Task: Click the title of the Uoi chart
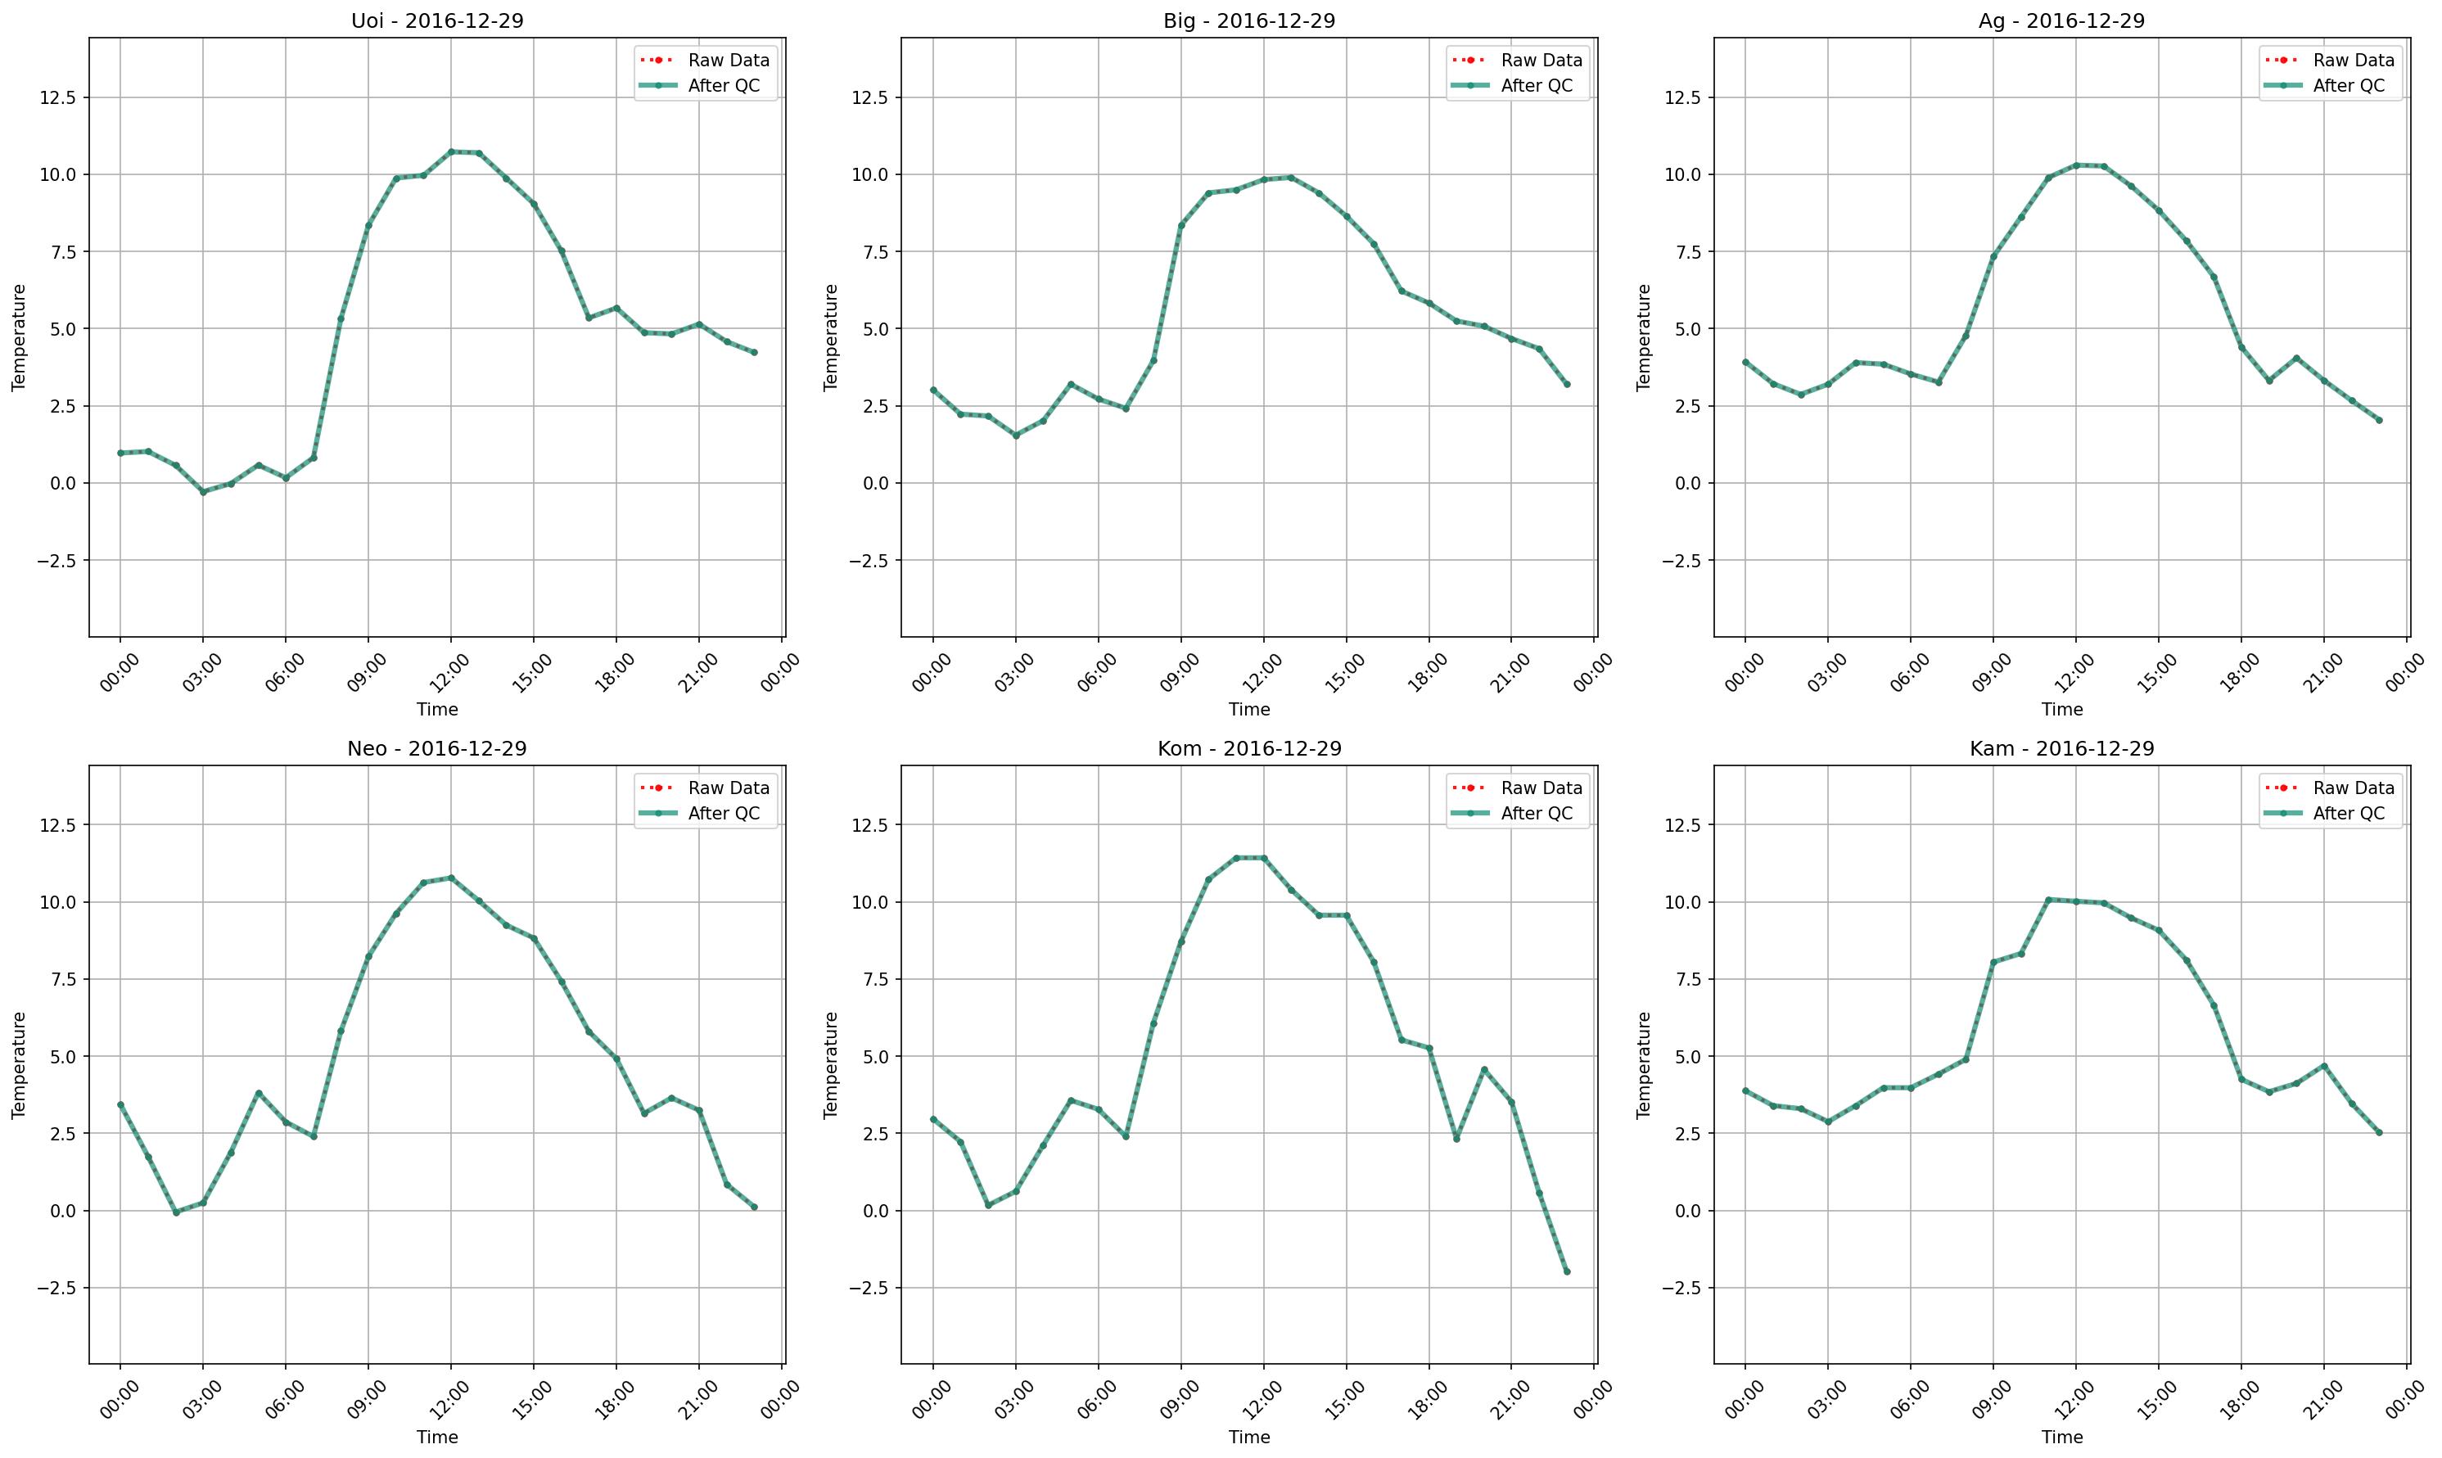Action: click(437, 20)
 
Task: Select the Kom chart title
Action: click(1248, 749)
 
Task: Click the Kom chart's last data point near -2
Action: click(1567, 1271)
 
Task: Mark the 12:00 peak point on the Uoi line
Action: click(451, 151)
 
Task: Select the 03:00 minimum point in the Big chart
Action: click(1016, 436)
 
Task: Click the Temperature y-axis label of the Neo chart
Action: click(19, 1064)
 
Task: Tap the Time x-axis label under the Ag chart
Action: click(2062, 709)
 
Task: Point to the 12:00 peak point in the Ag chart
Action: click(2075, 165)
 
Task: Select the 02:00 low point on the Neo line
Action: click(176, 1212)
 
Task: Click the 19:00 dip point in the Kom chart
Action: click(1456, 1139)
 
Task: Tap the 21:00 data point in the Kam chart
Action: click(2324, 1066)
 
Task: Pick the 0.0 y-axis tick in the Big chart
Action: click(876, 483)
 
